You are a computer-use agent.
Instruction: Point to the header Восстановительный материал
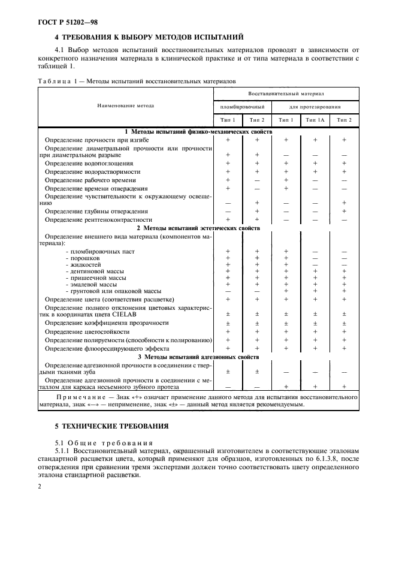tap(286, 94)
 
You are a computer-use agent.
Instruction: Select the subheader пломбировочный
tap(242, 106)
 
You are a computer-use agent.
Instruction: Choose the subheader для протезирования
tap(315, 106)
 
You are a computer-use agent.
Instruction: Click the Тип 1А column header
tap(315, 120)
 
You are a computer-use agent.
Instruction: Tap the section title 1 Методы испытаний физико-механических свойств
tap(198, 131)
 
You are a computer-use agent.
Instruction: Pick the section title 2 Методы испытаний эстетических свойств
tap(198, 228)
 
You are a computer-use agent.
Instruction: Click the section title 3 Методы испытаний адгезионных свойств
tap(198, 357)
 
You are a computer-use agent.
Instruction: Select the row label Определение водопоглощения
tap(89, 163)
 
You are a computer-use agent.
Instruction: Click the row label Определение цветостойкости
tap(87, 331)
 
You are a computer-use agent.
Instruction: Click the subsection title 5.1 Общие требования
tap(92, 441)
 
